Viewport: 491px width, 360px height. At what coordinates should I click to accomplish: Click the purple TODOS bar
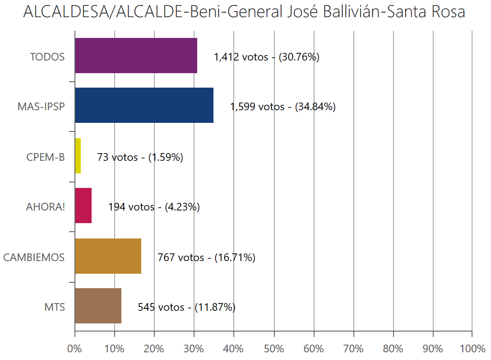136,56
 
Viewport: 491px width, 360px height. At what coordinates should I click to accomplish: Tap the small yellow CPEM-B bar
78,156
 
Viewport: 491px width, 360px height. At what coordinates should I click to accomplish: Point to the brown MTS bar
98,306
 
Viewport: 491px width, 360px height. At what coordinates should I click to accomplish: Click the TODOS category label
47,57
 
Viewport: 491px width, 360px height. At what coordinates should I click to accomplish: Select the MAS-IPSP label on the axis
41,107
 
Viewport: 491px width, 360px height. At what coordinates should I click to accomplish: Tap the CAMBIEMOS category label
34,257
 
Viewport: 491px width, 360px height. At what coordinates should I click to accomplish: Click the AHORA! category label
46,207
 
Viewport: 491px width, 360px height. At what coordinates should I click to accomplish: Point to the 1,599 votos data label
283,107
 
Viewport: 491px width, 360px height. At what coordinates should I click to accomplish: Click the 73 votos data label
140,157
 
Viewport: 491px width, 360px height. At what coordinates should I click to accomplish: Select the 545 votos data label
186,307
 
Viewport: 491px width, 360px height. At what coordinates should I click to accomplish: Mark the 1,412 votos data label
266,57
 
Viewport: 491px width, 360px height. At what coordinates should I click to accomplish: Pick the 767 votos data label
206,257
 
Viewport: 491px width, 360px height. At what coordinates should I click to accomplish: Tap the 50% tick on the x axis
274,349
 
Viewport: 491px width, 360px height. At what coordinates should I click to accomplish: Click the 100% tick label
472,349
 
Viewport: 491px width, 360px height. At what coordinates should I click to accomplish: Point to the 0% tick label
75,349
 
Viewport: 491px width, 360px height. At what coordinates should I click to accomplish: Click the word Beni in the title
204,12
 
